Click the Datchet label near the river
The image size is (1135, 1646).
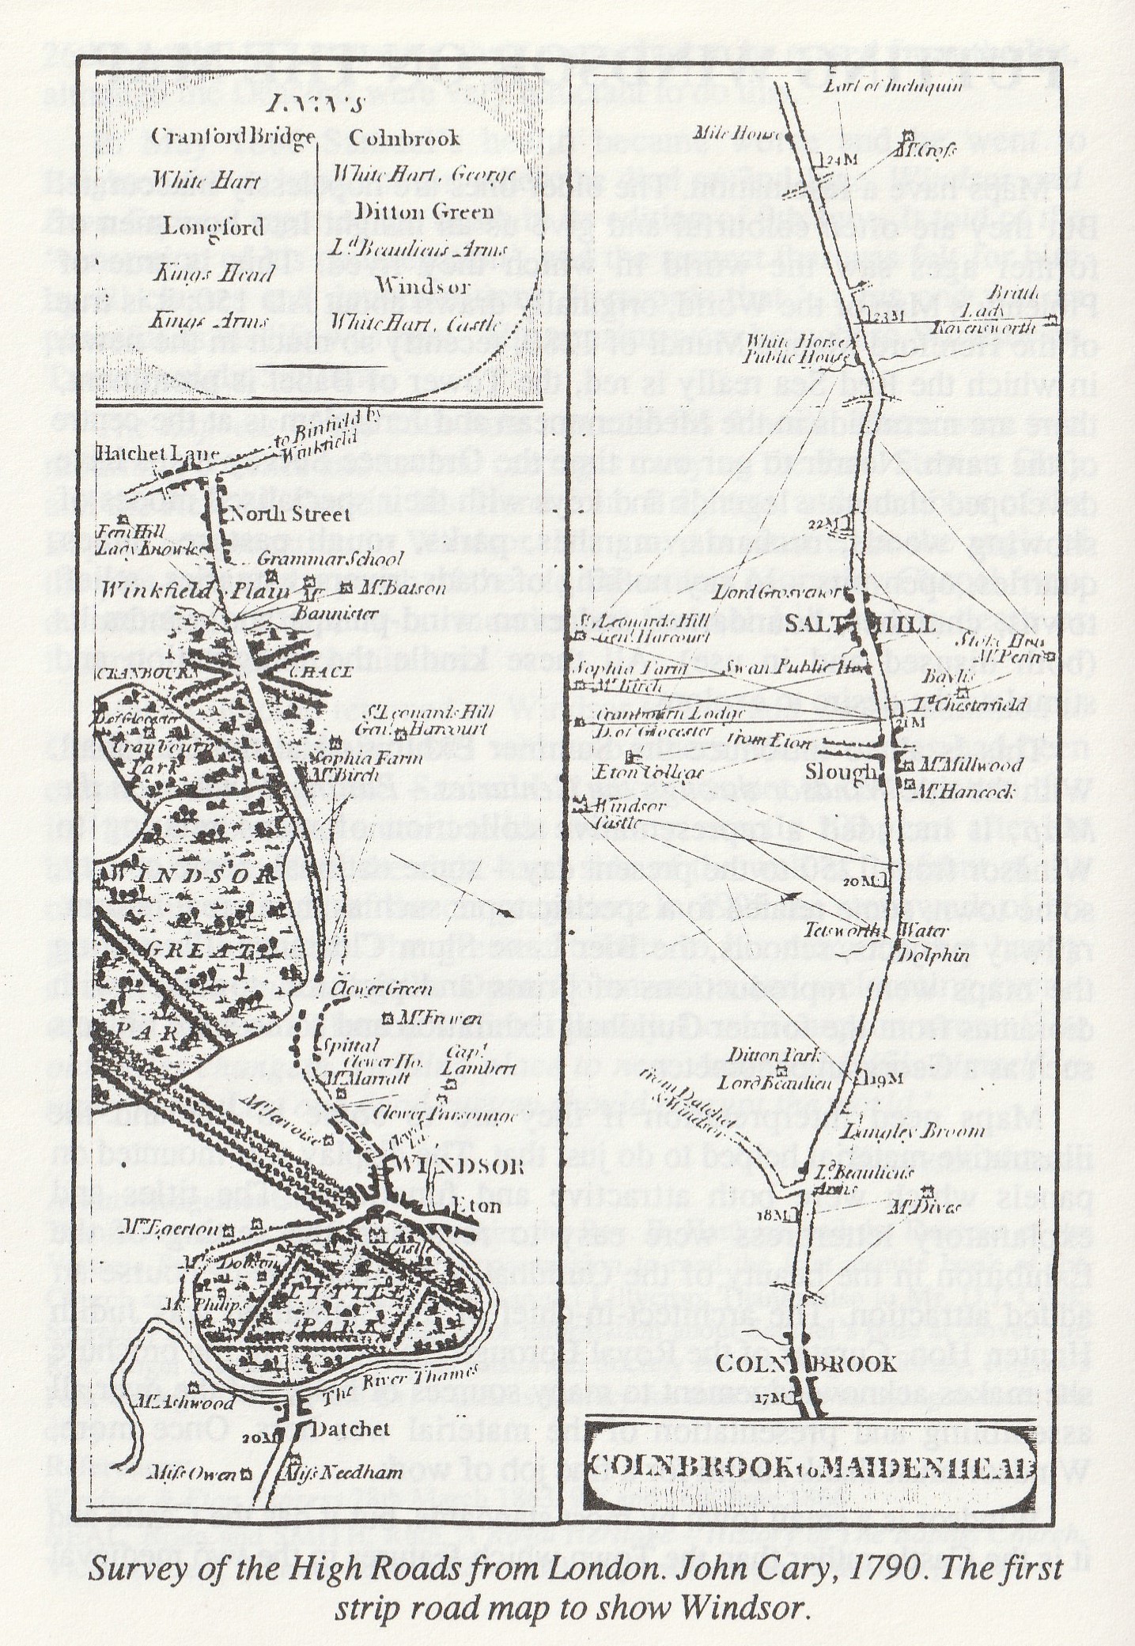pyautogui.click(x=345, y=1429)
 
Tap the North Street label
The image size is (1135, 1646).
pyautogui.click(x=287, y=515)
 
